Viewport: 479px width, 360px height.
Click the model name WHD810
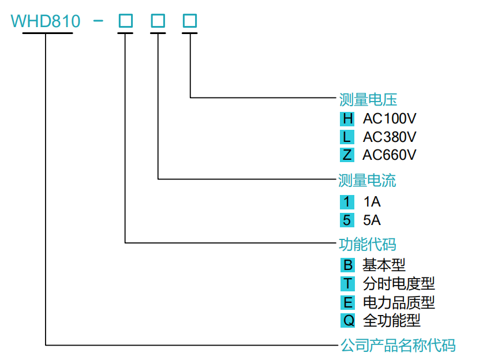click(x=46, y=21)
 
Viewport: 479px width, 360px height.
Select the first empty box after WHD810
click(x=125, y=21)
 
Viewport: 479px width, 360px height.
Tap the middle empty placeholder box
click(x=158, y=21)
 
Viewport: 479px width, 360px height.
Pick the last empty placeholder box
click(x=190, y=21)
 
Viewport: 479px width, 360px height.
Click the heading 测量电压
click(x=368, y=100)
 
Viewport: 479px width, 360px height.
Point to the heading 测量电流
click(x=368, y=181)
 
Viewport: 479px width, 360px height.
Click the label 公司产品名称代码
click(x=398, y=346)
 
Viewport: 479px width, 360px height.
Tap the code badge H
click(x=347, y=119)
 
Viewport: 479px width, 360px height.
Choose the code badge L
click(x=347, y=137)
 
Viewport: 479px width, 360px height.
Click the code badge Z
click(x=347, y=155)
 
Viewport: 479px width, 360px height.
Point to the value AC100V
click(x=390, y=119)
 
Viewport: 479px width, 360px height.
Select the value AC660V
click(x=390, y=155)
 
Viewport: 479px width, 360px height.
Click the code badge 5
click(x=347, y=220)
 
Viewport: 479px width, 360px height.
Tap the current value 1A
click(x=372, y=202)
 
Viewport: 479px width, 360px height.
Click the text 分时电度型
click(x=398, y=283)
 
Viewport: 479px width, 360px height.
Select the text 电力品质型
click(x=398, y=302)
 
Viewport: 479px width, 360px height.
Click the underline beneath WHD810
click(x=47, y=33)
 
